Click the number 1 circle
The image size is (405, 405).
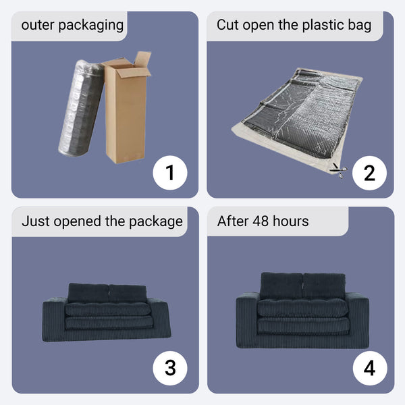170,173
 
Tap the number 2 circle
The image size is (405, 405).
369,173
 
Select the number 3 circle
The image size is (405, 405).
170,368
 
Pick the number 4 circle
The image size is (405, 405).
370,368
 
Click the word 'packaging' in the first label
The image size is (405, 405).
91,26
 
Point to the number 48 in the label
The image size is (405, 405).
261,221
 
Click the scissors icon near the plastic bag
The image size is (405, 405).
339,171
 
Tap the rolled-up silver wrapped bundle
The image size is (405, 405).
80,108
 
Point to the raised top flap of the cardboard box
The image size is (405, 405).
142,59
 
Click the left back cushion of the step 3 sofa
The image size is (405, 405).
88,293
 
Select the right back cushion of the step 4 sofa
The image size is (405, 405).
324,286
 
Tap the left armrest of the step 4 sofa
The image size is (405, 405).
246,320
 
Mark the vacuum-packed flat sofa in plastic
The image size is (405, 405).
297,120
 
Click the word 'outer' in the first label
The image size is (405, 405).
38,26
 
